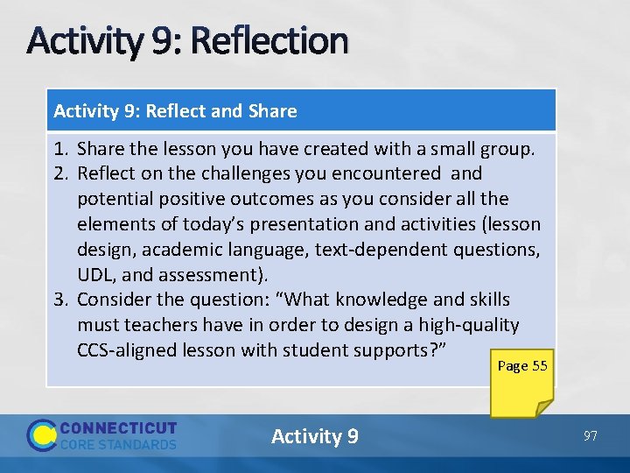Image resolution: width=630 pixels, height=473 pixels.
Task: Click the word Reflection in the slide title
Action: tap(269, 40)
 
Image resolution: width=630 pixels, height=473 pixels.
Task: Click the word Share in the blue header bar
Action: tap(272, 111)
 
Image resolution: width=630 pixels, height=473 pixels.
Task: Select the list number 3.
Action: tap(60, 300)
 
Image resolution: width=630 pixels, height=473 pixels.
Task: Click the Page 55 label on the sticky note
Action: tap(522, 366)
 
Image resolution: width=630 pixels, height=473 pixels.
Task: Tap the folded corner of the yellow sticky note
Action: tap(542, 406)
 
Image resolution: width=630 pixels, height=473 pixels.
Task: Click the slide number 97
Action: tap(590, 435)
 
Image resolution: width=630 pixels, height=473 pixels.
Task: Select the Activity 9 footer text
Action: tap(314, 436)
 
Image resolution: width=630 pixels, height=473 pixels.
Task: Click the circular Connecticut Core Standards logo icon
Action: tap(41, 435)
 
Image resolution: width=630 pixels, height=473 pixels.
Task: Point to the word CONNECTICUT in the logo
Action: tap(118, 428)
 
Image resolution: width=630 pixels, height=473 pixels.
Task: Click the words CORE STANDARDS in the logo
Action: tap(118, 444)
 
